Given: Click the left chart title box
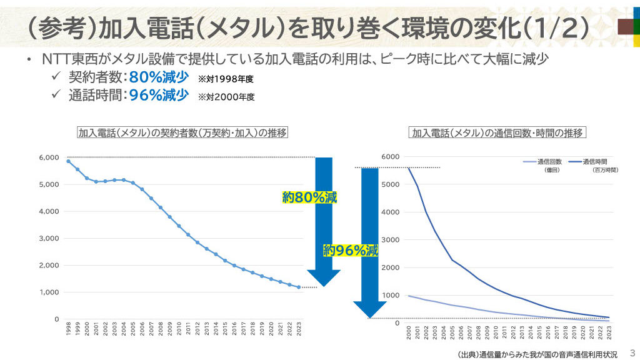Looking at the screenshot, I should (182, 133).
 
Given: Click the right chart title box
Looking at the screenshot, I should (497, 133).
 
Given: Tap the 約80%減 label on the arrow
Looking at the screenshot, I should (309, 198).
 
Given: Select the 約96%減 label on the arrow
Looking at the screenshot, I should (351, 251).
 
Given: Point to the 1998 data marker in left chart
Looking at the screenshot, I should (68, 161).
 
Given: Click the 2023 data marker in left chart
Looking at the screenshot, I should (299, 287).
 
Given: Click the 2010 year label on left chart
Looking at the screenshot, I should (179, 329).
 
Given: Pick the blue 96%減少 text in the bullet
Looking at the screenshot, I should (159, 96).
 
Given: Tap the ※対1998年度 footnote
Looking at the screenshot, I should (226, 79).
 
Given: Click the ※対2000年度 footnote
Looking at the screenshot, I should (226, 97).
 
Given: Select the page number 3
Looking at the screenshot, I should (631, 352).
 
